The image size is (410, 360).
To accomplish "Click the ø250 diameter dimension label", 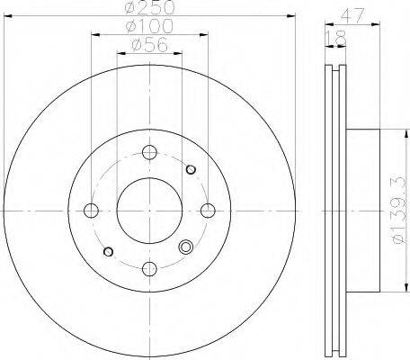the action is [149, 7].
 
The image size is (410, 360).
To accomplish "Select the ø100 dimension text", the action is [149, 26].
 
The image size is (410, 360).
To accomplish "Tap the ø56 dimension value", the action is [149, 45].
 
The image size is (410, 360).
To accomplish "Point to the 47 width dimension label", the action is [352, 14].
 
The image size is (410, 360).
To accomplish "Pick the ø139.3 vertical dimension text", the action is [403, 211].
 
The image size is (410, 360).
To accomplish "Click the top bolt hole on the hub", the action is [149, 152].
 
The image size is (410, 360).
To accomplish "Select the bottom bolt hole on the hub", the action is [149, 268].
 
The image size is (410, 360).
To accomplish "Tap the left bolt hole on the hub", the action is [91, 211].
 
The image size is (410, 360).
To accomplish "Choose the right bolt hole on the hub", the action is [208, 211].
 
